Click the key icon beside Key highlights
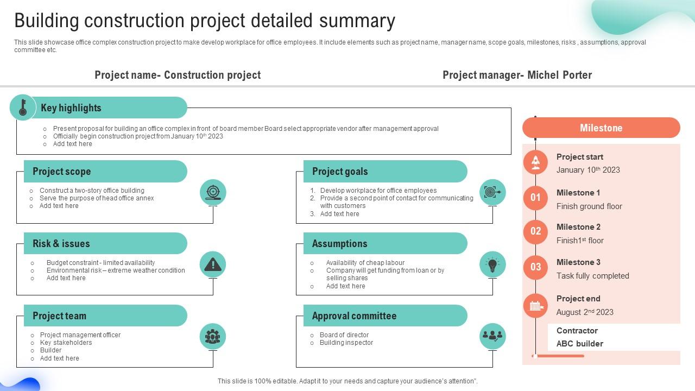pyautogui.click(x=23, y=107)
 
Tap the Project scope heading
pyautogui.click(x=62, y=172)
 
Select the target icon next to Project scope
pyautogui.click(x=213, y=192)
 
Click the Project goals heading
pyautogui.click(x=340, y=172)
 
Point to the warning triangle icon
pyautogui.click(x=213, y=264)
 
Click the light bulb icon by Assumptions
pyautogui.click(x=492, y=264)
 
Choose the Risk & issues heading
pyautogui.click(x=61, y=244)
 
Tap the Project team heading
pyautogui.click(x=59, y=316)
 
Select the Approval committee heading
pyautogui.click(x=354, y=316)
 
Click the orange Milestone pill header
pyautogui.click(x=601, y=128)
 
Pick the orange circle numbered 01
pyautogui.click(x=536, y=198)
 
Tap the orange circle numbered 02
pyautogui.click(x=536, y=232)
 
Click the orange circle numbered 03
pyautogui.click(x=536, y=267)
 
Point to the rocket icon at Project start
pyautogui.click(x=536, y=162)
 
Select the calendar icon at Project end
pyautogui.click(x=536, y=306)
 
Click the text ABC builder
pyautogui.click(x=579, y=344)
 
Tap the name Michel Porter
pyautogui.click(x=559, y=75)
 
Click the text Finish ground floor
pyautogui.click(x=589, y=206)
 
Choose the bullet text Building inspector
pyautogui.click(x=346, y=343)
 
